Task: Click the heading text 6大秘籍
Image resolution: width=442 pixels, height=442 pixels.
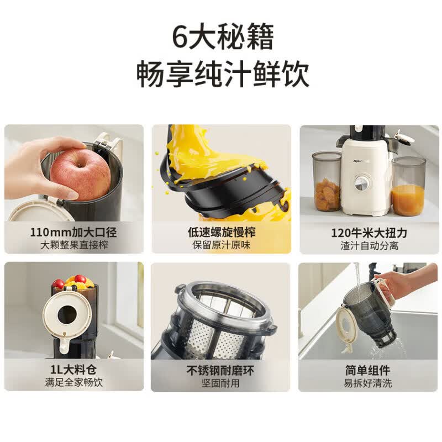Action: point(223,37)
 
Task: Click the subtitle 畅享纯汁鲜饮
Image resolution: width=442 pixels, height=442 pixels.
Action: point(223,74)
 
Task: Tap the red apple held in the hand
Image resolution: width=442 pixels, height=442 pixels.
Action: point(80,174)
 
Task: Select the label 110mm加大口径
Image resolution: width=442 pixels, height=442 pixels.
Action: point(73,232)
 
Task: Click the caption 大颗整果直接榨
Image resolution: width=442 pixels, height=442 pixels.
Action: point(74,245)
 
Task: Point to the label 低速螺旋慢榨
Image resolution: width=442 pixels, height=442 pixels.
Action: point(222,232)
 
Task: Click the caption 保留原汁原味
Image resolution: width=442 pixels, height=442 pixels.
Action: point(222,245)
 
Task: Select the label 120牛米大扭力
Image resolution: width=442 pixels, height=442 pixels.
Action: point(369,233)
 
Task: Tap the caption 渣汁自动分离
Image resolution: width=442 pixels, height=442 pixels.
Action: point(369,245)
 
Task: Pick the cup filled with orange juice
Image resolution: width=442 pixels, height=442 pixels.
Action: point(408,187)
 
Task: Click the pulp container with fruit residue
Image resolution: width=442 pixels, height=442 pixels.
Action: point(327,181)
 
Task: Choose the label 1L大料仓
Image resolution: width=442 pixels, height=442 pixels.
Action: point(73,370)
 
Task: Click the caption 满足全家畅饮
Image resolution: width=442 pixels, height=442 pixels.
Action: point(74,382)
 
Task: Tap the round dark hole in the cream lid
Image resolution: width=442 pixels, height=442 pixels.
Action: point(67,315)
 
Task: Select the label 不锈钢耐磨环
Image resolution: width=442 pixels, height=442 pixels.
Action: point(220,370)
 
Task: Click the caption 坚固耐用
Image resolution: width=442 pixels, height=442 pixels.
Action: point(220,383)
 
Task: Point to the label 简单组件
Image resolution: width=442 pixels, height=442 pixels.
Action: point(368,370)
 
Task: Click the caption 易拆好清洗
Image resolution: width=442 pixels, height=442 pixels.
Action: point(368,383)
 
